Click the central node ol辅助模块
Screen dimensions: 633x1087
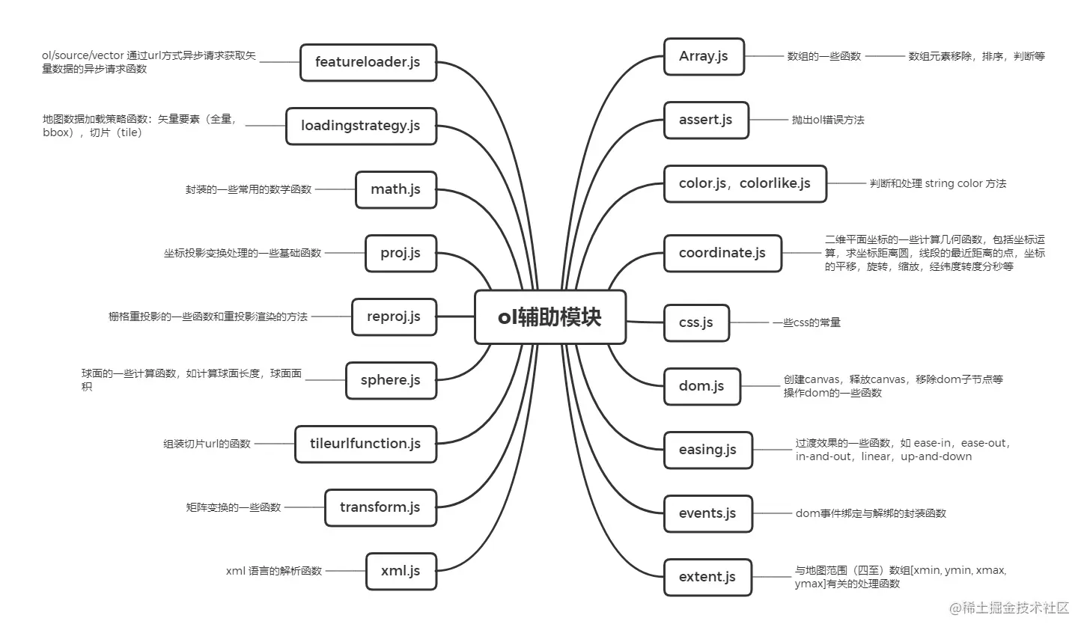tap(549, 317)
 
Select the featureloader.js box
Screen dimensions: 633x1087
tap(368, 62)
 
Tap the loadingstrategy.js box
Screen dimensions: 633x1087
tap(360, 126)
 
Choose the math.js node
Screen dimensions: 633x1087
tap(395, 189)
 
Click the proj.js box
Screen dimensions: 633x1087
tap(401, 253)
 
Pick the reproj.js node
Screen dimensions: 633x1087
tap(394, 316)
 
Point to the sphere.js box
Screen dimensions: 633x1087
tap(390, 380)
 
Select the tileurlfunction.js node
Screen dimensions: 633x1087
tap(365, 444)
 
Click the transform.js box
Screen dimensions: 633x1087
tap(380, 507)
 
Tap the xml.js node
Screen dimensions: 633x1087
tap(401, 571)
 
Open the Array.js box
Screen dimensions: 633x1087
tap(704, 56)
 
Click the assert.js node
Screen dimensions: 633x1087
tap(705, 120)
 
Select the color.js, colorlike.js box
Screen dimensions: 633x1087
tap(745, 183)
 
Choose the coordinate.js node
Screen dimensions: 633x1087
tap(722, 253)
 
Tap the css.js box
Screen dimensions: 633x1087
tap(696, 322)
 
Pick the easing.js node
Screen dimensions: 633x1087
tap(707, 450)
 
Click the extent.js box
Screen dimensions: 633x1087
tap(707, 577)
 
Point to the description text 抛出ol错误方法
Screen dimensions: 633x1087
tap(828, 120)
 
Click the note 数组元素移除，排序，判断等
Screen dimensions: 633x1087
tap(976, 56)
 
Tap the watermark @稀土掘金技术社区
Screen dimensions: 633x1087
tap(1009, 608)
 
